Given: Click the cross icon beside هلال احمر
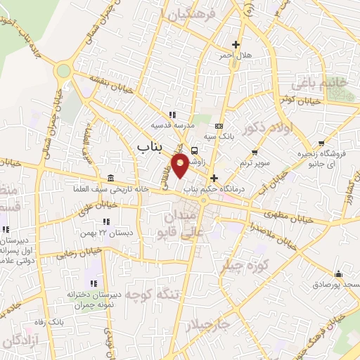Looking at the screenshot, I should pyautogui.click(x=236, y=44).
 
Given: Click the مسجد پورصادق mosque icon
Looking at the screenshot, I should pyautogui.click(x=339, y=274).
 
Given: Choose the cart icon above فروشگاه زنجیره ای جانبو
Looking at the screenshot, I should pyautogui.click(x=321, y=143).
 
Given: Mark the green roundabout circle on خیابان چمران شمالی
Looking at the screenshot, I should pyautogui.click(x=64, y=70).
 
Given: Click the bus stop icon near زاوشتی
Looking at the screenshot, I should pyautogui.click(x=194, y=149).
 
